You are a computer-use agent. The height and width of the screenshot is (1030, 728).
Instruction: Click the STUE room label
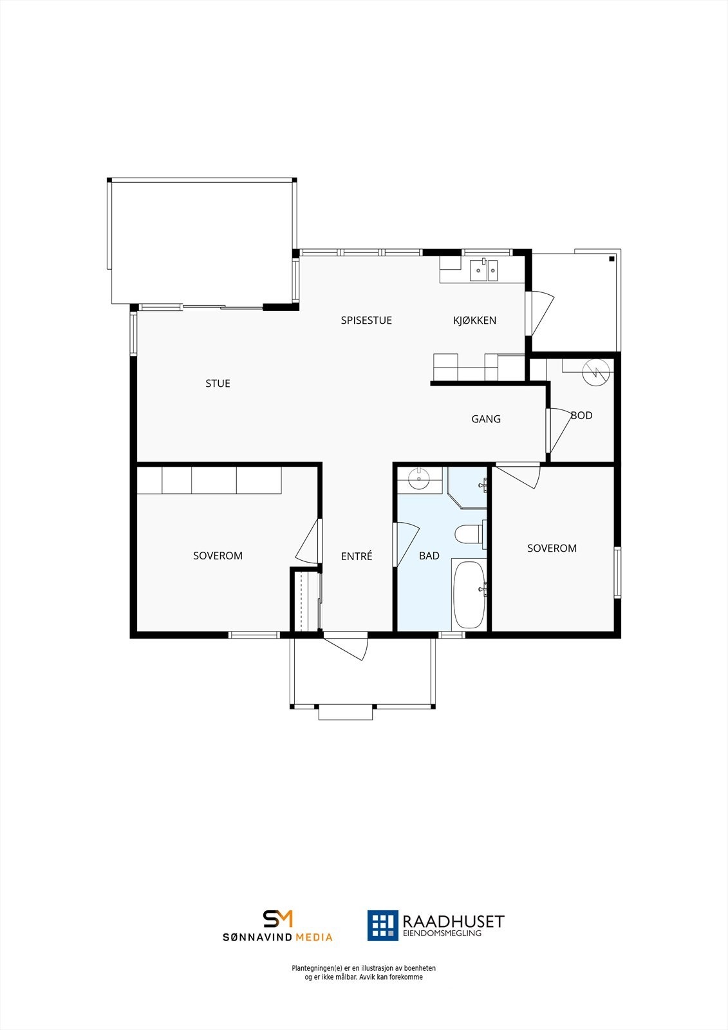(218, 384)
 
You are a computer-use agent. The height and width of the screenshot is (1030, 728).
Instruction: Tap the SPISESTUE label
(366, 321)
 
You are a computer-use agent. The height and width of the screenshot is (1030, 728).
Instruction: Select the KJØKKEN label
(474, 321)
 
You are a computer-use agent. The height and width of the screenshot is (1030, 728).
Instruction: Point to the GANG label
(486, 419)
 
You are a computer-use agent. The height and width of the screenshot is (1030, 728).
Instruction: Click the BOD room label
(581, 416)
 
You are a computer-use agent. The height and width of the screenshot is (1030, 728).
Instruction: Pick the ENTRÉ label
(357, 556)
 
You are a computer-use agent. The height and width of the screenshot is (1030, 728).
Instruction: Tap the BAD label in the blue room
(429, 556)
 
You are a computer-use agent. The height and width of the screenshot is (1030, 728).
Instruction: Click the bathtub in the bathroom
(468, 594)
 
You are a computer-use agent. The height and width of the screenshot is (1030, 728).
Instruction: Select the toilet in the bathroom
(468, 534)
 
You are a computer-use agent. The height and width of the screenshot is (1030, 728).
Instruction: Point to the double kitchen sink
(483, 270)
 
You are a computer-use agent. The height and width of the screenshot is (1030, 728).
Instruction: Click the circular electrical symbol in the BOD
(595, 372)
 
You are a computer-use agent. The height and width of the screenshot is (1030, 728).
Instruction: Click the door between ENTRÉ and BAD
(406, 544)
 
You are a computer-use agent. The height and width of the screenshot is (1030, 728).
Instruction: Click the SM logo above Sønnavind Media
(277, 919)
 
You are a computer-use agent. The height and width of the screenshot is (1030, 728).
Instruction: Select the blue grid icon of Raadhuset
(382, 925)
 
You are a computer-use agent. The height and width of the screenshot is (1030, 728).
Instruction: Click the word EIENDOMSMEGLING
(442, 933)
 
